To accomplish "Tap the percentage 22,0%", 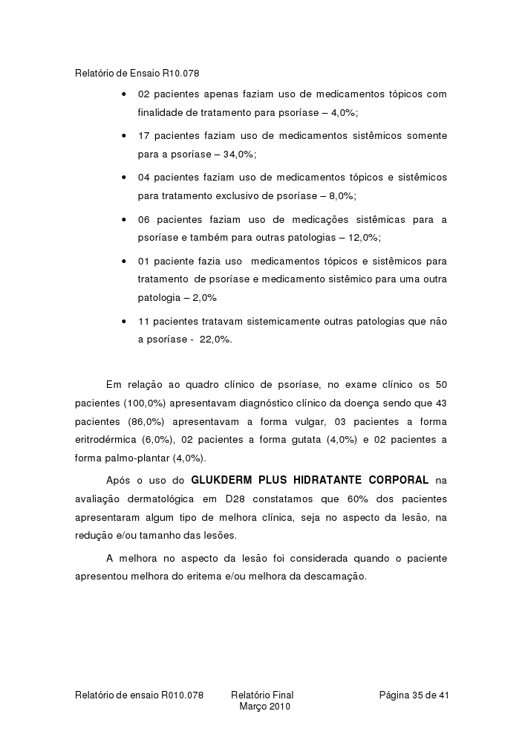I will click(x=215, y=339).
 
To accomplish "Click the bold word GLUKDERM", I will click(x=223, y=479).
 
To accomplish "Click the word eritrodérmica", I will click(x=107, y=440).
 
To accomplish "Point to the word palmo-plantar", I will click(x=138, y=458).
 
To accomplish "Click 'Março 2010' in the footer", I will click(x=264, y=707).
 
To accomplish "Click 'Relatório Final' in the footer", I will click(x=262, y=695).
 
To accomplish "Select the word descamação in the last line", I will click(x=335, y=576).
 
